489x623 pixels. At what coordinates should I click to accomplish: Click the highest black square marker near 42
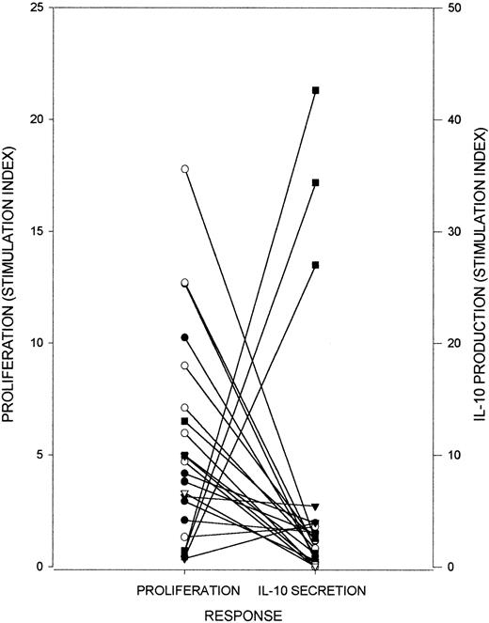tap(316, 90)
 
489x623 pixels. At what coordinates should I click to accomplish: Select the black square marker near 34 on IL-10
tap(316, 182)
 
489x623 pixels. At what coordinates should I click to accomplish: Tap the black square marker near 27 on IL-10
tap(316, 265)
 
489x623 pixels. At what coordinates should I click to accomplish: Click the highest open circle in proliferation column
tap(185, 169)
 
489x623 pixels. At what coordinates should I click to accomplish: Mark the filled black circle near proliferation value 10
tap(185, 337)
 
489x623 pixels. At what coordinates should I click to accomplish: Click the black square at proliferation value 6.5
tap(185, 421)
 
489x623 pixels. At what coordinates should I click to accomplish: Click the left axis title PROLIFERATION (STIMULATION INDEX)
tap(11, 287)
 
